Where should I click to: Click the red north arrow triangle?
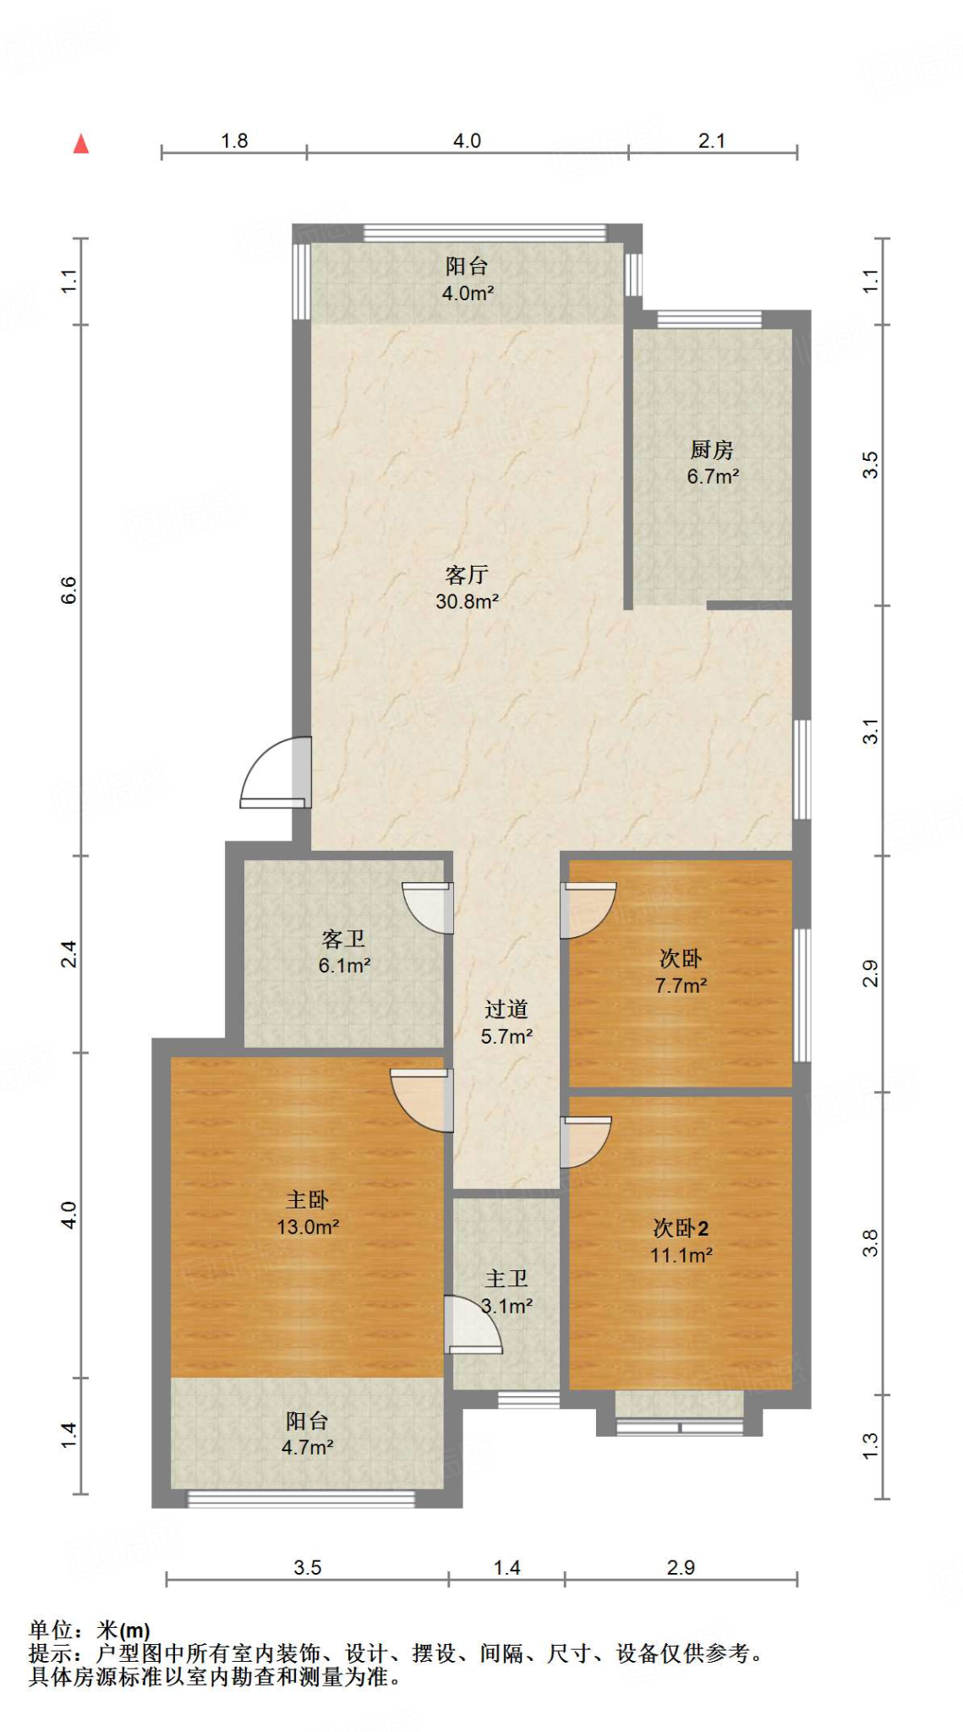click(81, 144)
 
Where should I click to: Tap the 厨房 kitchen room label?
click(712, 449)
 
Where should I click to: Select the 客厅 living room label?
click(467, 575)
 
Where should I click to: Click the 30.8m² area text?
click(467, 602)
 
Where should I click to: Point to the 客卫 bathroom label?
click(344, 939)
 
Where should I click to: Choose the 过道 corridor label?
click(506, 1009)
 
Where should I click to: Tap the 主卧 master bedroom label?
click(307, 1199)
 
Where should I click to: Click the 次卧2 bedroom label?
click(681, 1228)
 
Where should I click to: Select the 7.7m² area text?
click(681, 986)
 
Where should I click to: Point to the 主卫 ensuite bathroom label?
click(506, 1279)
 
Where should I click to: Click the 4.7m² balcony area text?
click(307, 1448)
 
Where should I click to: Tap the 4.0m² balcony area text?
click(468, 293)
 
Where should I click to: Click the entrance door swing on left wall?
click(276, 772)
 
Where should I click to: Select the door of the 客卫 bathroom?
click(428, 908)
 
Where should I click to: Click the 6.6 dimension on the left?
click(68, 589)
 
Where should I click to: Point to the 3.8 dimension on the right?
click(871, 1243)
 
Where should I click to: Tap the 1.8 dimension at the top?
click(234, 140)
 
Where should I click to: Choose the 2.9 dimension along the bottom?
click(681, 1567)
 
